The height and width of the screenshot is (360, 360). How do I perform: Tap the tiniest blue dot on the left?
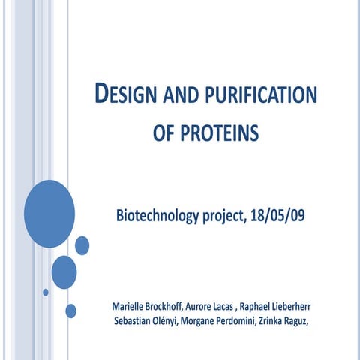[x=46, y=292]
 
